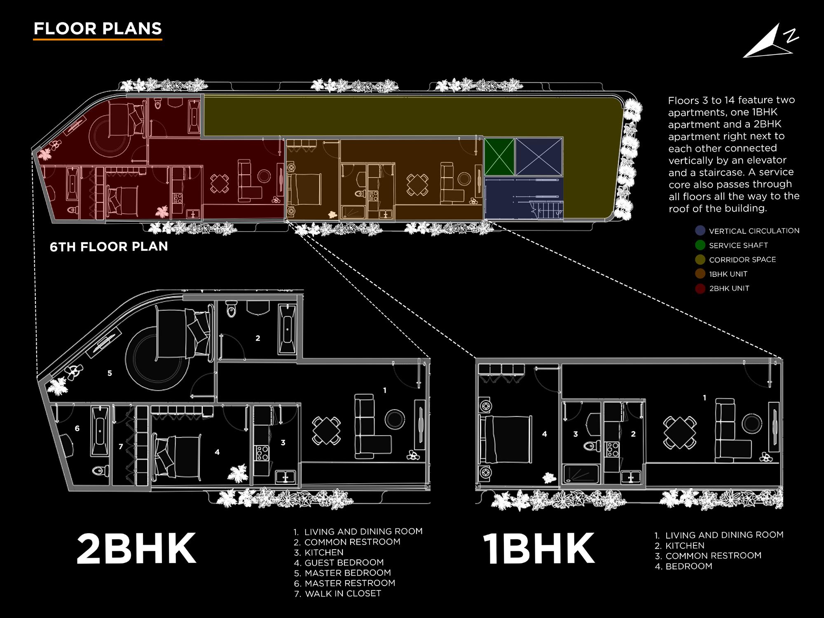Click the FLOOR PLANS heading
pyautogui.click(x=98, y=28)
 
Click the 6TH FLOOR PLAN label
pyautogui.click(x=109, y=246)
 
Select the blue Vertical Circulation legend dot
pyautogui.click(x=700, y=231)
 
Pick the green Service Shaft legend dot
pyautogui.click(x=700, y=245)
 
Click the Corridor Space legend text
pyautogui.click(x=742, y=260)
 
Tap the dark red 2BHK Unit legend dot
pyautogui.click(x=700, y=288)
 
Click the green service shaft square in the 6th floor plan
pyautogui.click(x=499, y=157)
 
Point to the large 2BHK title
pyautogui.click(x=136, y=549)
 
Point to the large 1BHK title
pyautogui.click(x=539, y=549)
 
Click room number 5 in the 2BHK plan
pyautogui.click(x=110, y=373)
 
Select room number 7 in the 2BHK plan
pyautogui.click(x=121, y=447)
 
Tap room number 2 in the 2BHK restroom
pyautogui.click(x=258, y=338)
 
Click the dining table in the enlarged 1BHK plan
pyautogui.click(x=680, y=433)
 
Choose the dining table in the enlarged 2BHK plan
pyautogui.click(x=326, y=431)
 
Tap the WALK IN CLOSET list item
pyautogui.click(x=343, y=594)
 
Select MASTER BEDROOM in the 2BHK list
pyautogui.click(x=347, y=573)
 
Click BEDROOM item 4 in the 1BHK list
pyautogui.click(x=688, y=566)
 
